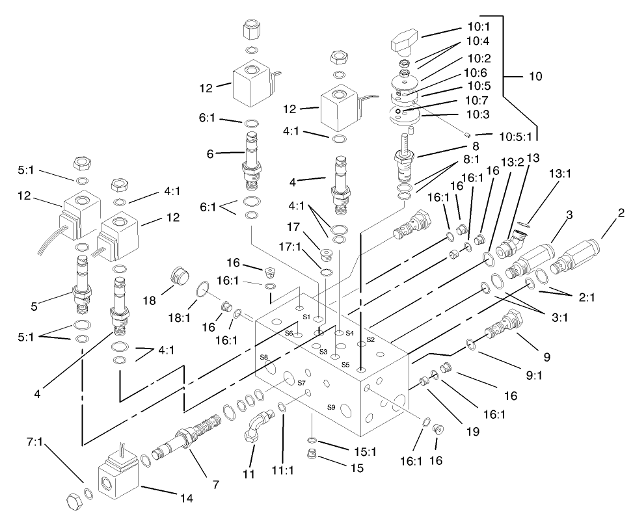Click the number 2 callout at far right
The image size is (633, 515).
click(621, 213)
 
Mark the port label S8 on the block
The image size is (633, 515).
click(263, 357)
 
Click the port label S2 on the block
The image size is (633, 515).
click(370, 339)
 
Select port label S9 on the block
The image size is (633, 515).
click(330, 407)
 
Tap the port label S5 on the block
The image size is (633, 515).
click(345, 364)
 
